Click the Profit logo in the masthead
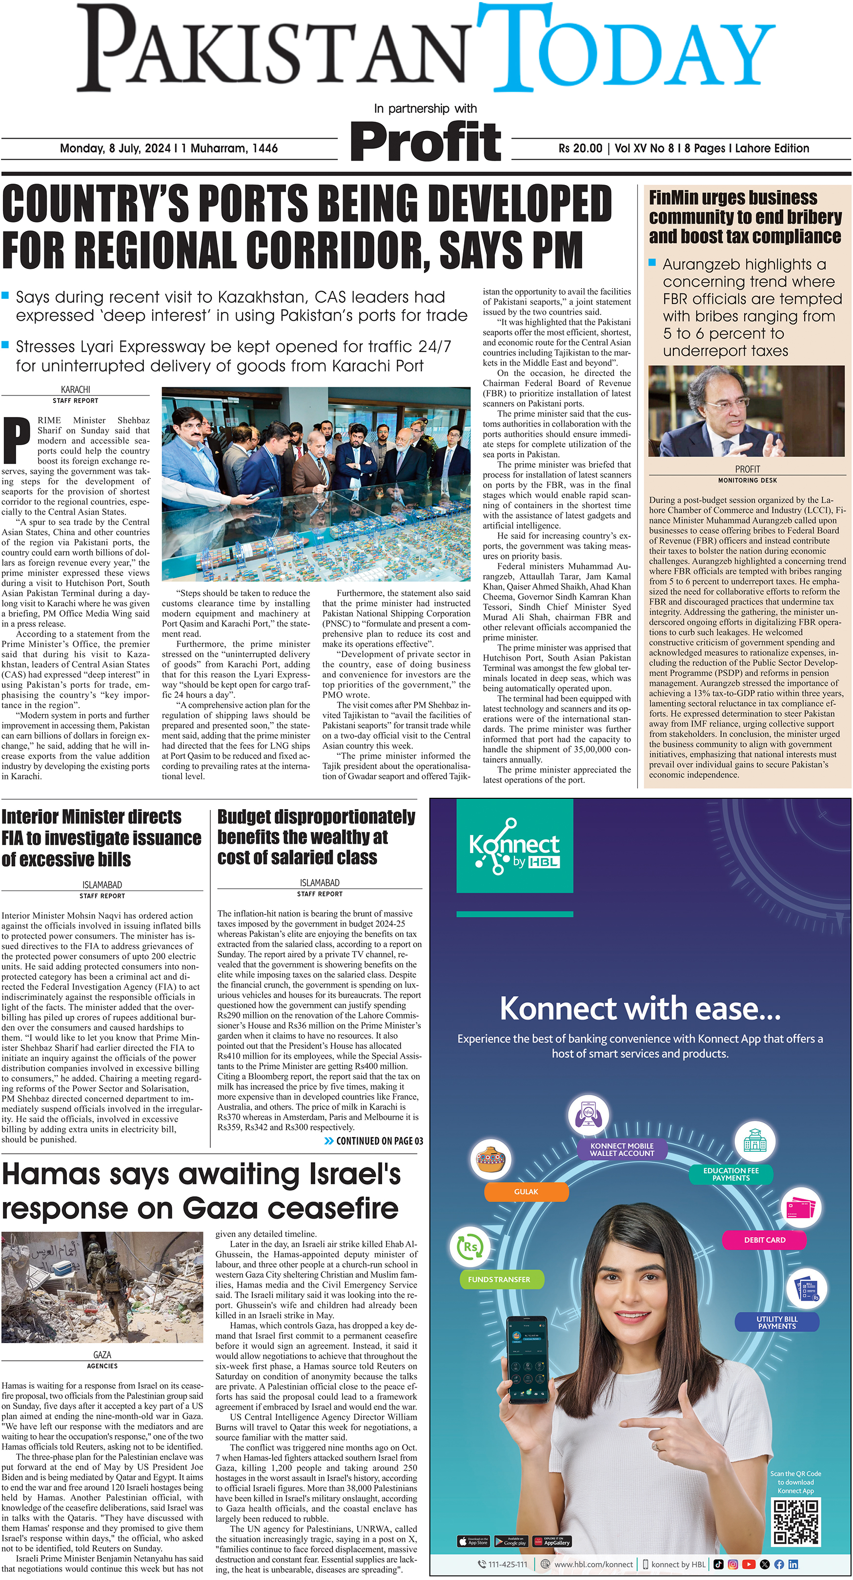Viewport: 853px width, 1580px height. (x=425, y=142)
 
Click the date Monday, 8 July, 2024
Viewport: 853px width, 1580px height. (x=115, y=148)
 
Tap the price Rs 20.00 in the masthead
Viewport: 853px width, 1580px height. (x=580, y=148)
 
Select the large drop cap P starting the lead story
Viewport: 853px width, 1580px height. (x=17, y=440)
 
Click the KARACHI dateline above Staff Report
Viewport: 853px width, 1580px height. (x=76, y=390)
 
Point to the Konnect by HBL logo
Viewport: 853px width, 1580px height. (x=514, y=846)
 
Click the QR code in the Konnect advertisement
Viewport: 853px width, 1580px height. (x=795, y=1522)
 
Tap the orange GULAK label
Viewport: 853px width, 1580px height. (x=526, y=1191)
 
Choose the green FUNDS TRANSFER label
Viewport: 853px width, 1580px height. (x=499, y=1279)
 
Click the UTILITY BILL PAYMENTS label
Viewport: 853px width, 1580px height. (x=776, y=1322)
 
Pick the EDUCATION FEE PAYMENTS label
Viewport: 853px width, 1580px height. (x=731, y=1174)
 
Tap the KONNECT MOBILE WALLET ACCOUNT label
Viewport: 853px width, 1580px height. (x=622, y=1149)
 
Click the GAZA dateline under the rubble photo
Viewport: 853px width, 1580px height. (x=102, y=1355)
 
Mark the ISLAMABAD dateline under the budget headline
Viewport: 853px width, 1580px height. (x=320, y=883)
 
